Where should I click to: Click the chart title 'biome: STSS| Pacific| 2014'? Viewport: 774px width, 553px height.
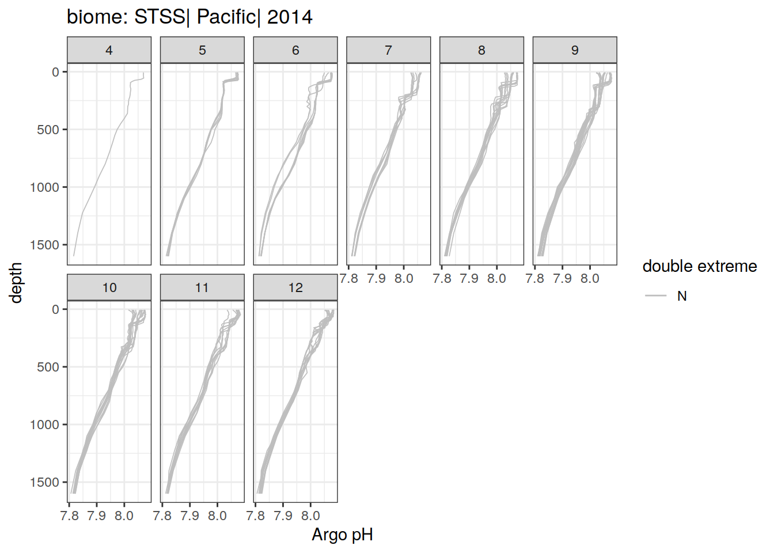click(x=189, y=17)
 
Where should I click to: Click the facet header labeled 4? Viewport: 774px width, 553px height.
click(x=109, y=50)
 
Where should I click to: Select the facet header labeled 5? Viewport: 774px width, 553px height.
click(x=202, y=50)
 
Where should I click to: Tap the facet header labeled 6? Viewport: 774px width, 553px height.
click(x=295, y=50)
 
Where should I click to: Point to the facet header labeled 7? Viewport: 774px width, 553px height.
click(x=388, y=50)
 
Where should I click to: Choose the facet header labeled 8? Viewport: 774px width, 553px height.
click(x=481, y=50)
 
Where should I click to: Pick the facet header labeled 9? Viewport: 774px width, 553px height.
click(x=575, y=50)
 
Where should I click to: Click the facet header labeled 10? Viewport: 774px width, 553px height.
click(x=109, y=287)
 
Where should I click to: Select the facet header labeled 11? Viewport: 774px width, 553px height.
click(x=202, y=287)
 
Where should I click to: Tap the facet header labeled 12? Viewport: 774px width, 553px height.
click(x=295, y=287)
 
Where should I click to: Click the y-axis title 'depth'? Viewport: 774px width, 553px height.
click(x=16, y=283)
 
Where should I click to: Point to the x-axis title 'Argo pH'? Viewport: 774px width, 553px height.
click(x=343, y=535)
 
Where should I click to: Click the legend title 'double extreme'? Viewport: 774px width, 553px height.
click(x=700, y=267)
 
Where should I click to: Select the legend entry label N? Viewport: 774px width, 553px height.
click(x=682, y=296)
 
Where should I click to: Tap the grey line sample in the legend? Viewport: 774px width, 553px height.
click(x=655, y=296)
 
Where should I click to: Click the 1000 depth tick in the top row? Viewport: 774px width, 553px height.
click(x=44, y=187)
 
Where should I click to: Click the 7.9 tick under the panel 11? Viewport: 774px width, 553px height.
click(x=190, y=516)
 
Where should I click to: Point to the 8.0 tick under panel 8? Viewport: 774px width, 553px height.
click(x=496, y=279)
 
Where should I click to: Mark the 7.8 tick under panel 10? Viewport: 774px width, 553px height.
click(x=70, y=516)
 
